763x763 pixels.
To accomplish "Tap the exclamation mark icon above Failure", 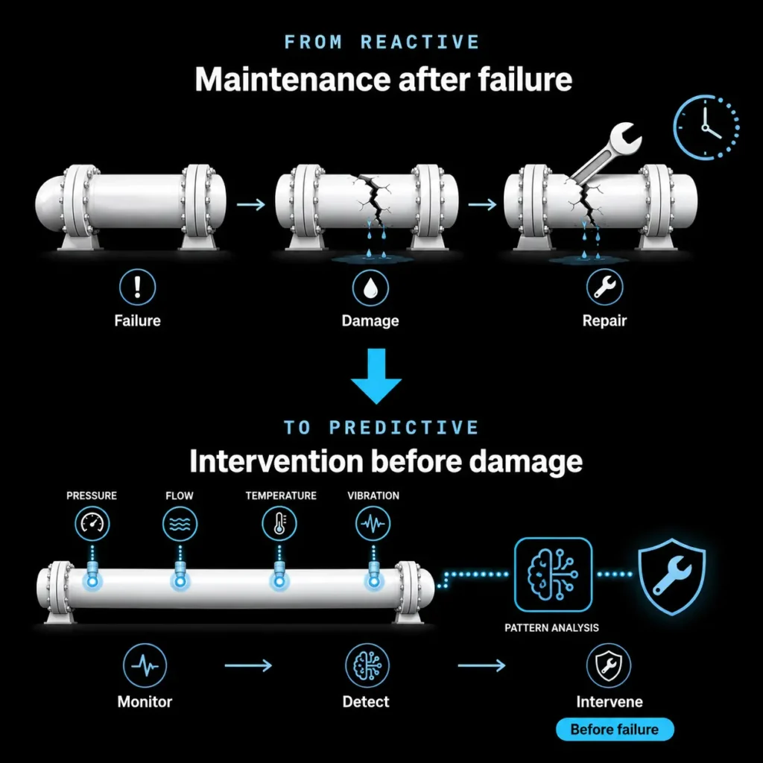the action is (x=138, y=287).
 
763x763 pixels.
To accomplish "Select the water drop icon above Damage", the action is (x=370, y=288).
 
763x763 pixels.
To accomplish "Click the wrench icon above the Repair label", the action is (x=604, y=287).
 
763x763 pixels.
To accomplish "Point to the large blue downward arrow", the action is (x=376, y=376).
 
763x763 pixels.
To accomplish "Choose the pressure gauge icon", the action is (x=92, y=524).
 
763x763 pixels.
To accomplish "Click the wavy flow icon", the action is (x=180, y=524).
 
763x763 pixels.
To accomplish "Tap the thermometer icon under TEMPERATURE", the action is (x=279, y=524).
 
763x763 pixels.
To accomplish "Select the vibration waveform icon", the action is (x=373, y=524).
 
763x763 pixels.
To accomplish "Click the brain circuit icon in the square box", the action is (x=554, y=574).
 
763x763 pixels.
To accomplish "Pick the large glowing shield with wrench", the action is (x=672, y=577).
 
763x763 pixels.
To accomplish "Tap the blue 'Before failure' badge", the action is (x=615, y=729).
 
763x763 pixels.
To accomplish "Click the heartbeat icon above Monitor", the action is (x=145, y=665).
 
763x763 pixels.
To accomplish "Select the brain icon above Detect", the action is (x=367, y=665).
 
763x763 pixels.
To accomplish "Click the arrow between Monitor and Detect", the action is (x=248, y=665).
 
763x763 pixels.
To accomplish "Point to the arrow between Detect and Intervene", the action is (x=482, y=665).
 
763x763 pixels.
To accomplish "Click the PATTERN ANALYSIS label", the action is (x=552, y=627).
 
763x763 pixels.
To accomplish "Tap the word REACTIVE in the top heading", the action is (x=420, y=42).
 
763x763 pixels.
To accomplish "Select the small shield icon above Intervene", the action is (x=609, y=665).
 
